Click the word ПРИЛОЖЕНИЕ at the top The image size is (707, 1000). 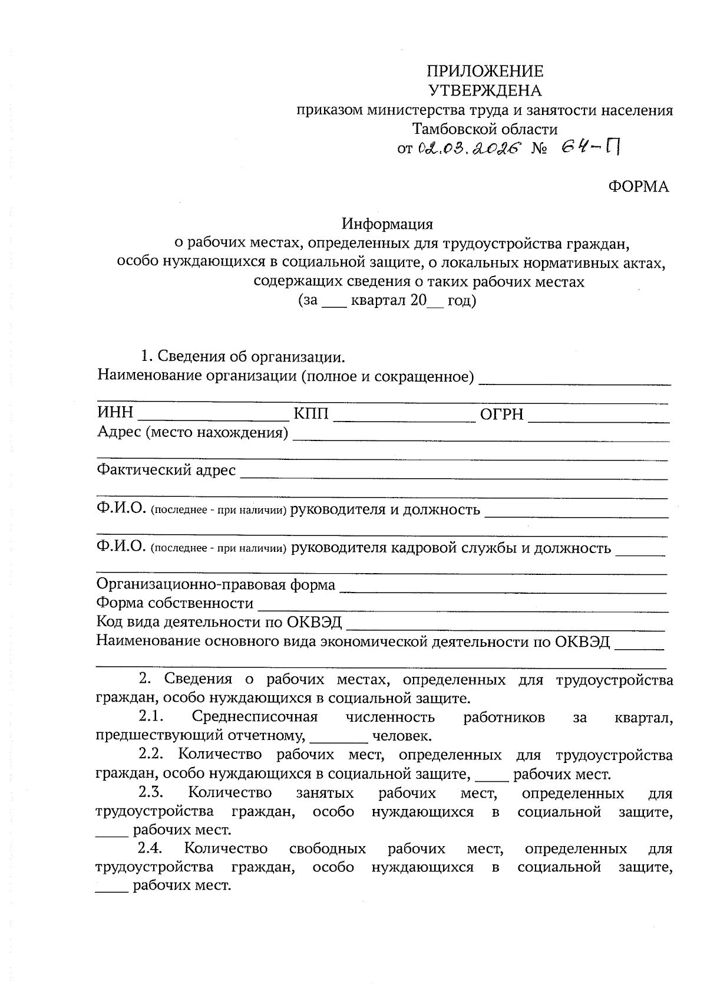click(x=484, y=71)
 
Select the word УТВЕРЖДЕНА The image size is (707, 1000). click(x=484, y=91)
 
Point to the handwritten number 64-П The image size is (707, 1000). click(x=590, y=147)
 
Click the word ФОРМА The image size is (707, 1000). click(x=639, y=187)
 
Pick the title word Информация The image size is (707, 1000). click(x=388, y=224)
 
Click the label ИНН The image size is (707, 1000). click(x=115, y=413)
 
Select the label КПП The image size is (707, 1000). click(x=311, y=413)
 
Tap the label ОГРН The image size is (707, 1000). click(x=501, y=414)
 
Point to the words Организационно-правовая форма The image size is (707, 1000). click(x=216, y=584)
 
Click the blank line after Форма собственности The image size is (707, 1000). click(x=462, y=608)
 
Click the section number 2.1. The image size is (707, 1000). click(x=151, y=717)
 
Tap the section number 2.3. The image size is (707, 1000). click(x=151, y=792)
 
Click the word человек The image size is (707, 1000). click(x=402, y=736)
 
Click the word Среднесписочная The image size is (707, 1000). click(x=255, y=717)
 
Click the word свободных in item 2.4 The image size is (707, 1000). click(x=328, y=849)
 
